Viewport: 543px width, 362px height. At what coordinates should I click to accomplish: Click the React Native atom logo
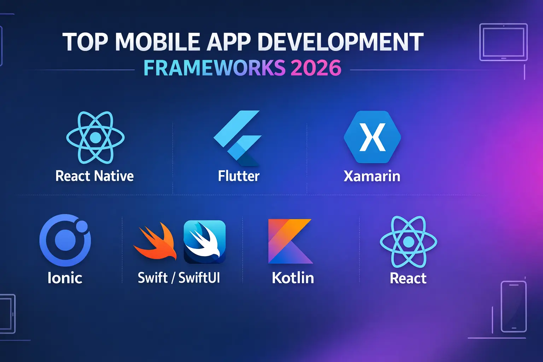[x=95, y=137]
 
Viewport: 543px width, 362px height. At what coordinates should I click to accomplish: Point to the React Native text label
[x=94, y=176]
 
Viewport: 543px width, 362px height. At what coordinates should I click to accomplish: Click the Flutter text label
[x=239, y=176]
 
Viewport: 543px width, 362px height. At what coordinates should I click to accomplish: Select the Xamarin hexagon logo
[x=372, y=137]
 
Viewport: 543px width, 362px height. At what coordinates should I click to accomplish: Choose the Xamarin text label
[x=372, y=176]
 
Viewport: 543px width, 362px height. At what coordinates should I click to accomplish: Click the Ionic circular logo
[x=65, y=240]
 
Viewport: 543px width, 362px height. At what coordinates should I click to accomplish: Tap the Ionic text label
[x=65, y=278]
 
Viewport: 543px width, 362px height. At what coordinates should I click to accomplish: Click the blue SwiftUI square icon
[x=205, y=242]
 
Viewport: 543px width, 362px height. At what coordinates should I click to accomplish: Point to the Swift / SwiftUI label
[x=179, y=278]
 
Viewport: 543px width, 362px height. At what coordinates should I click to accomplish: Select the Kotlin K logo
[x=290, y=241]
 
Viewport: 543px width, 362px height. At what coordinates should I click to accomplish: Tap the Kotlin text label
[x=293, y=278]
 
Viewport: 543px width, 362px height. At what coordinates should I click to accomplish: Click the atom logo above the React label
[x=408, y=242]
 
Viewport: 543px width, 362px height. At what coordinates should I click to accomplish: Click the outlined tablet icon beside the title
[x=503, y=42]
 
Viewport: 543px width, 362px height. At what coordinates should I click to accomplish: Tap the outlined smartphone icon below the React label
[x=514, y=306]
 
